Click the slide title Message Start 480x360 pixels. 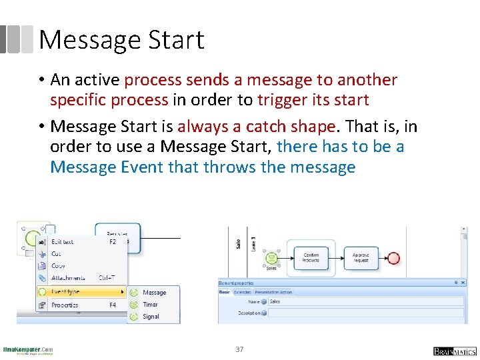(x=121, y=40)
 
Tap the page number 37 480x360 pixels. (x=239, y=349)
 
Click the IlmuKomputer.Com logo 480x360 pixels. (x=28, y=350)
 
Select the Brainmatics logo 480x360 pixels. (x=454, y=351)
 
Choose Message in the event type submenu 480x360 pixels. (x=154, y=293)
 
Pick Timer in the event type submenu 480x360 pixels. (x=150, y=305)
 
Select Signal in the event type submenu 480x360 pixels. (x=151, y=317)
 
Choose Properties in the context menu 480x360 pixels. (x=65, y=305)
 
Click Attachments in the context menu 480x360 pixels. (x=67, y=278)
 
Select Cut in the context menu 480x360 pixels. (x=56, y=254)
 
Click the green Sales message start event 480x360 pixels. (x=271, y=257)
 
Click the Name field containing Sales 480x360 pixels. (x=365, y=301)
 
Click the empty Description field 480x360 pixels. (x=365, y=313)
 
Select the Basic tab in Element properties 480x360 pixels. (x=224, y=292)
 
